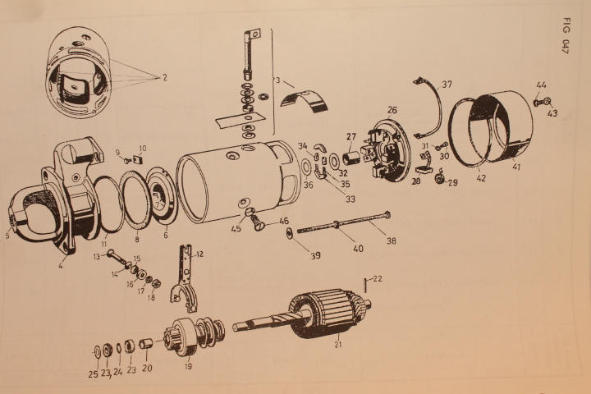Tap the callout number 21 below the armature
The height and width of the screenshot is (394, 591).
tap(338, 344)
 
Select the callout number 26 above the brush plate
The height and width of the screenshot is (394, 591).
tap(392, 110)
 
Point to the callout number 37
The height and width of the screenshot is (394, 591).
tap(447, 84)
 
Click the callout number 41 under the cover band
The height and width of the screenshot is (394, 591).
tap(516, 166)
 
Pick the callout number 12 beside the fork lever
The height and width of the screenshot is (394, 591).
tap(199, 254)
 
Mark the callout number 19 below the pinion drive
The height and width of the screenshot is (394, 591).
tap(188, 366)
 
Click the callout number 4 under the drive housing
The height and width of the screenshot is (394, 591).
tap(61, 266)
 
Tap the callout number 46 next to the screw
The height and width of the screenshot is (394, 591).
tap(284, 222)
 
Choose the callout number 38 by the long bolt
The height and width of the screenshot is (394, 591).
tap(392, 241)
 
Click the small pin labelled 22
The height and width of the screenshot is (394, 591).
tap(365, 285)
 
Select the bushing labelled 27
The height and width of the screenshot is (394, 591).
tap(352, 157)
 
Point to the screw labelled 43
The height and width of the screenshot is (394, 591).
tap(547, 101)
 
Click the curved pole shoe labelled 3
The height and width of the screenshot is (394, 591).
tap(305, 102)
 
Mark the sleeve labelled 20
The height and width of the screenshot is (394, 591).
tap(145, 344)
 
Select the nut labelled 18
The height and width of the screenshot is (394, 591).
tap(158, 282)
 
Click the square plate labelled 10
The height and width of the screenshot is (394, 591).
tap(139, 160)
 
